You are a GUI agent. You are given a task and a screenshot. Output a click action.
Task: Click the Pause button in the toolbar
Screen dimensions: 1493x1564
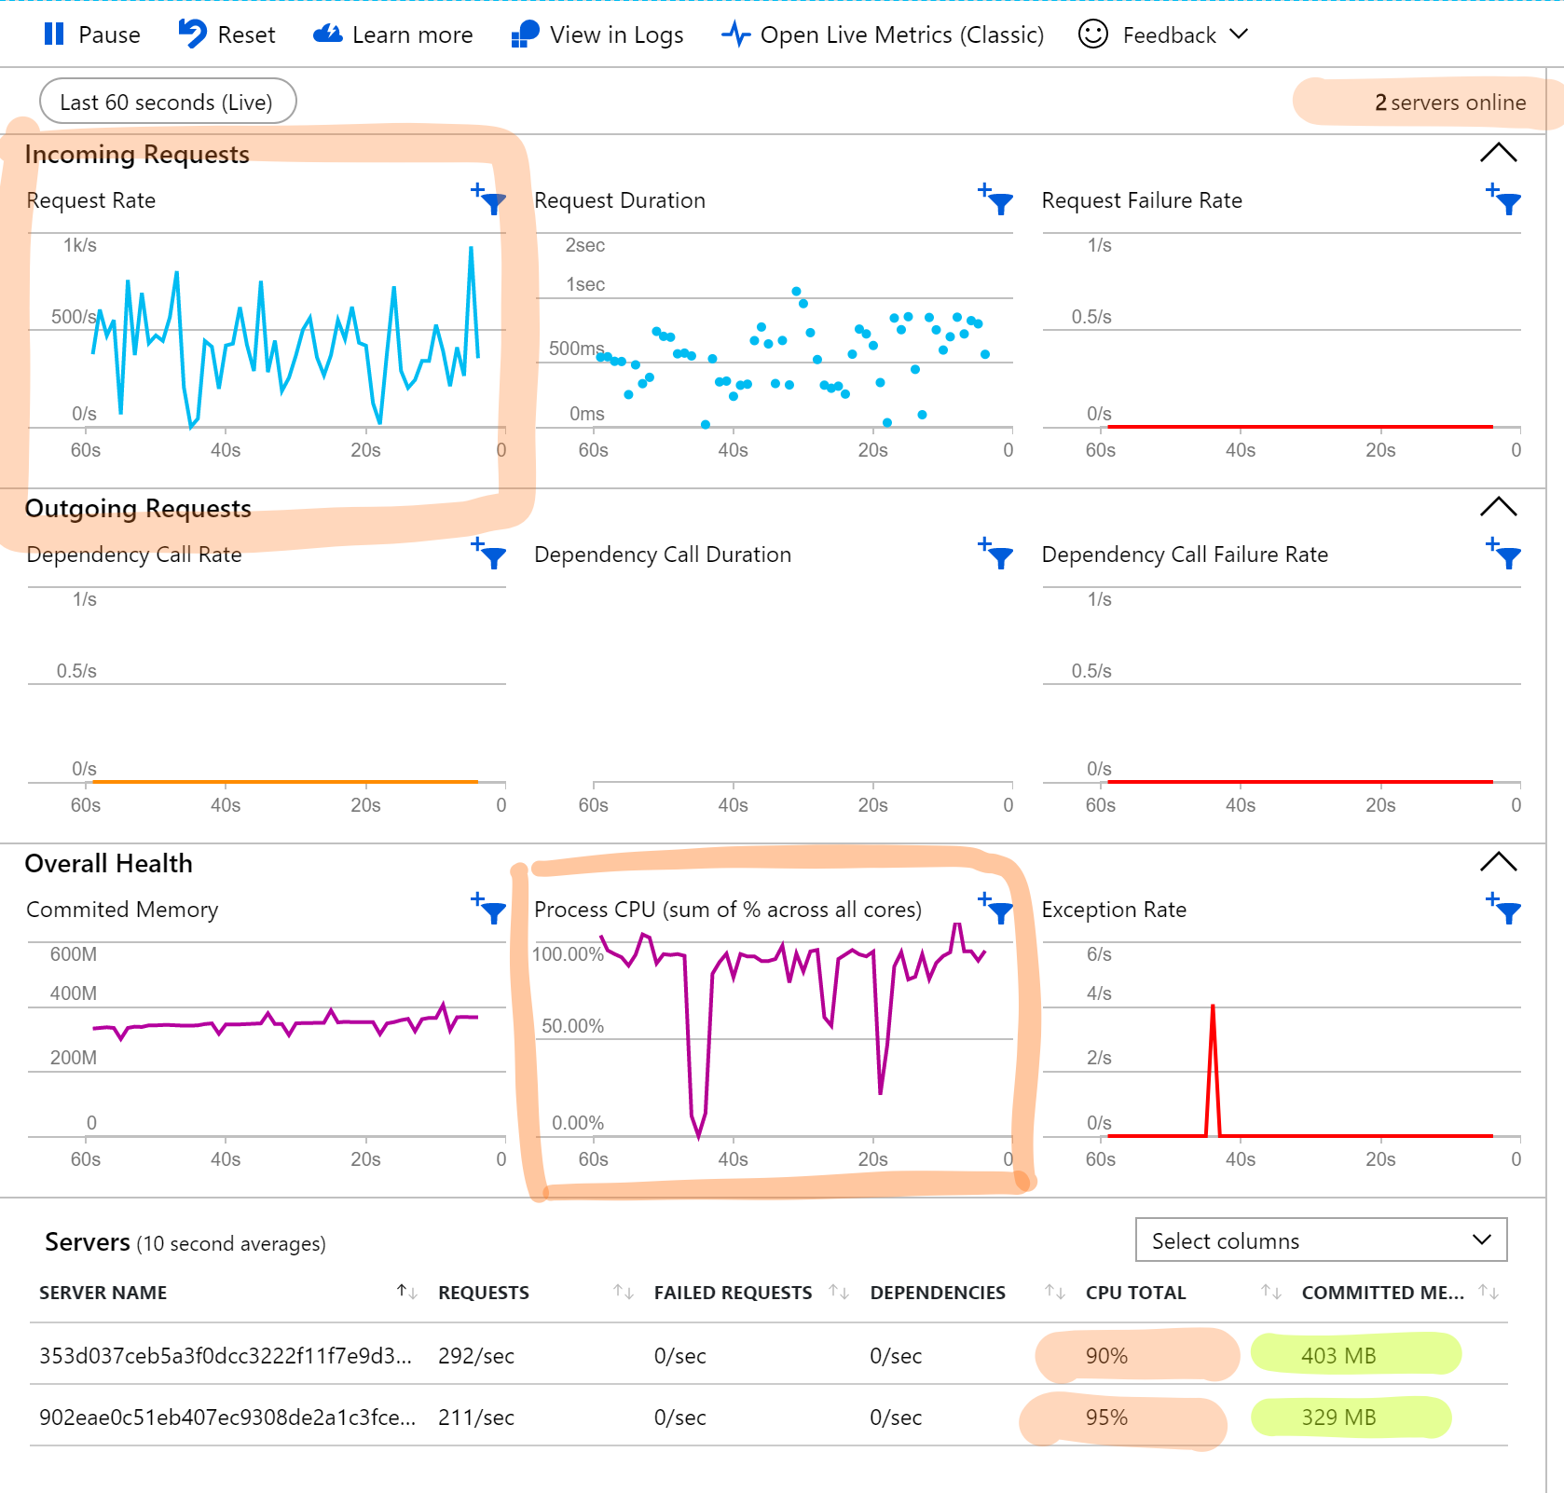point(91,34)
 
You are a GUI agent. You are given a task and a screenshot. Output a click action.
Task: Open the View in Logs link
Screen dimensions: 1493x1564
point(597,34)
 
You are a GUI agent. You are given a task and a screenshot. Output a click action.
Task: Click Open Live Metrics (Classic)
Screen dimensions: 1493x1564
point(883,34)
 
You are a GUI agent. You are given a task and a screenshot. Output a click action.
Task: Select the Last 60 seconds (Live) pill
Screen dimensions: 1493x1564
point(167,102)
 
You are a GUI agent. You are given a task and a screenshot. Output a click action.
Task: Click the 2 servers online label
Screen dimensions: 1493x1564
point(1449,103)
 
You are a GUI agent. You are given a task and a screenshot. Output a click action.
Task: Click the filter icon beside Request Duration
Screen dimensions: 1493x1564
point(996,199)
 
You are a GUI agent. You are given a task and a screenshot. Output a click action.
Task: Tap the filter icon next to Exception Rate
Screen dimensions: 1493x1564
point(1504,909)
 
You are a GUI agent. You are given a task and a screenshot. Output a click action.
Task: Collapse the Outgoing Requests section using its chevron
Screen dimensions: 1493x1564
point(1498,507)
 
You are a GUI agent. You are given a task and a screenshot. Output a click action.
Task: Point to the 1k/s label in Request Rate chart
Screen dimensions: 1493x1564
point(79,245)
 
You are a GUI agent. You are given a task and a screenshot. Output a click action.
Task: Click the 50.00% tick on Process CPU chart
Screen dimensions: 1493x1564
point(572,1026)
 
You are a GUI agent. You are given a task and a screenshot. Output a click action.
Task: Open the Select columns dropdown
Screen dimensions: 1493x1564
point(1321,1240)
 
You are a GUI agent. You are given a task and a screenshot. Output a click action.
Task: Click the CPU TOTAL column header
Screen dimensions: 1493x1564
point(1135,1293)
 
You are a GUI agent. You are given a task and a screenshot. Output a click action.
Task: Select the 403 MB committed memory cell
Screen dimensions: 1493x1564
point(1338,1355)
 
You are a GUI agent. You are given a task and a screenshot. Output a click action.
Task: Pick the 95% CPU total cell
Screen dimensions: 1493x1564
point(1106,1418)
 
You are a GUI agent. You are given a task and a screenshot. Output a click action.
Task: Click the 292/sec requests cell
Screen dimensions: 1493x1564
point(475,1356)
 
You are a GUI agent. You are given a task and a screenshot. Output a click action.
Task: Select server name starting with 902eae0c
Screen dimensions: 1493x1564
point(226,1418)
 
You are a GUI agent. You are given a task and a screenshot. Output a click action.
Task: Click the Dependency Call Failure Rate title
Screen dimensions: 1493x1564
point(1184,555)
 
